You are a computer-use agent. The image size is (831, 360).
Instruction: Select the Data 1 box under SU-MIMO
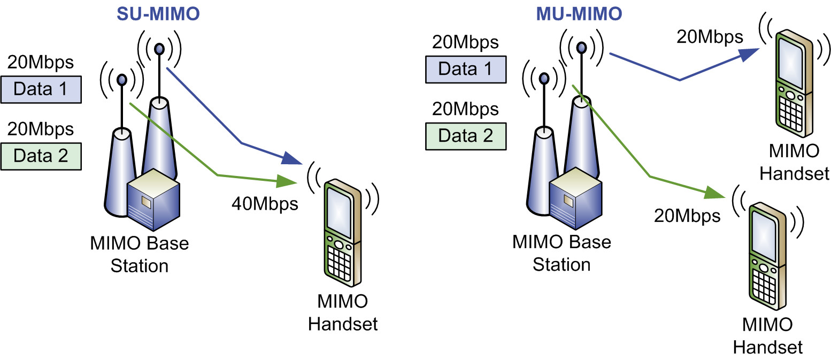(x=41, y=89)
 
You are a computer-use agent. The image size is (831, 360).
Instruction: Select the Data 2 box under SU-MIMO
(x=41, y=156)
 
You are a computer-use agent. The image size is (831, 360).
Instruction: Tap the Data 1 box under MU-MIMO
(x=465, y=70)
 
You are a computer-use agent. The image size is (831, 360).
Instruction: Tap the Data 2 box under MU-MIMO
(x=465, y=135)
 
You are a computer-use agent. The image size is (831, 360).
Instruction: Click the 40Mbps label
(x=265, y=203)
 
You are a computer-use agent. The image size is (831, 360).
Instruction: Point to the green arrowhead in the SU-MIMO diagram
(x=288, y=182)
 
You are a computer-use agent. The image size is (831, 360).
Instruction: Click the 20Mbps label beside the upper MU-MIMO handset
(x=709, y=37)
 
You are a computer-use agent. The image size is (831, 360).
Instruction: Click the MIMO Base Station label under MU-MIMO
(x=561, y=252)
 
